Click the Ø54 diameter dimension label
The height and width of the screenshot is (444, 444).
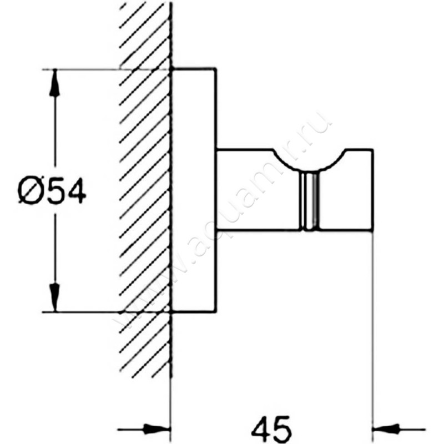[52, 191]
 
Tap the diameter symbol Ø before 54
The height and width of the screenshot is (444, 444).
[31, 191]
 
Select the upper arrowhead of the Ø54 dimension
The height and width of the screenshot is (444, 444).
[54, 84]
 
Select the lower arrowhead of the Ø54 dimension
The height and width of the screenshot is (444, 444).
[54, 297]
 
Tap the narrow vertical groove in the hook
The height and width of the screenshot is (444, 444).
[310, 200]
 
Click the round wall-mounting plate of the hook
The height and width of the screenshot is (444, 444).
[194, 190]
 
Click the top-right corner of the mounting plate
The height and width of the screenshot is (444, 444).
[216, 68]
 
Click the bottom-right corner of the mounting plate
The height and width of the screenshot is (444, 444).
[216, 312]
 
